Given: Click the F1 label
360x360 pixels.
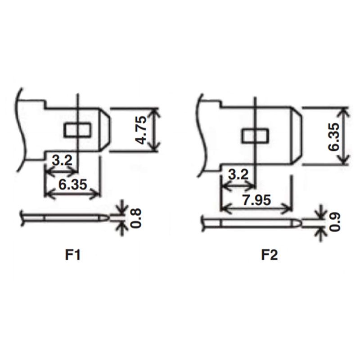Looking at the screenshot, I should (72, 255).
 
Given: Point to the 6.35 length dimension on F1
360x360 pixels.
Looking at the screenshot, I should (72, 184).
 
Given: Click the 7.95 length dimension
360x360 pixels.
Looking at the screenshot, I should (256, 199).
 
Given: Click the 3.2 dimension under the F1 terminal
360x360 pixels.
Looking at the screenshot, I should (61, 161).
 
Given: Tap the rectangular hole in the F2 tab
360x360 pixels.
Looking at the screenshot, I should (255, 136).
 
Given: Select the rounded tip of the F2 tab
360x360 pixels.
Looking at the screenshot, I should (297, 136).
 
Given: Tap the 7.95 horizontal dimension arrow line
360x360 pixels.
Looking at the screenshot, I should (256, 208).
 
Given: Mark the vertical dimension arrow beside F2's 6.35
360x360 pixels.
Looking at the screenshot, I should (345, 136).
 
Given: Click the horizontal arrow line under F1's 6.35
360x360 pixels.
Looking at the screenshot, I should (72, 194).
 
